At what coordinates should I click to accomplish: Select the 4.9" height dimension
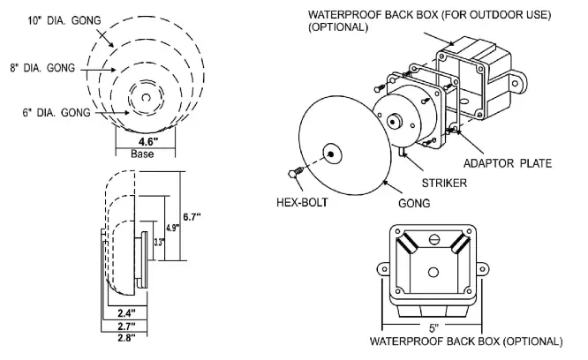point(173,227)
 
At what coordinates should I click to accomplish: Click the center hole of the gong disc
point(331,154)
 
